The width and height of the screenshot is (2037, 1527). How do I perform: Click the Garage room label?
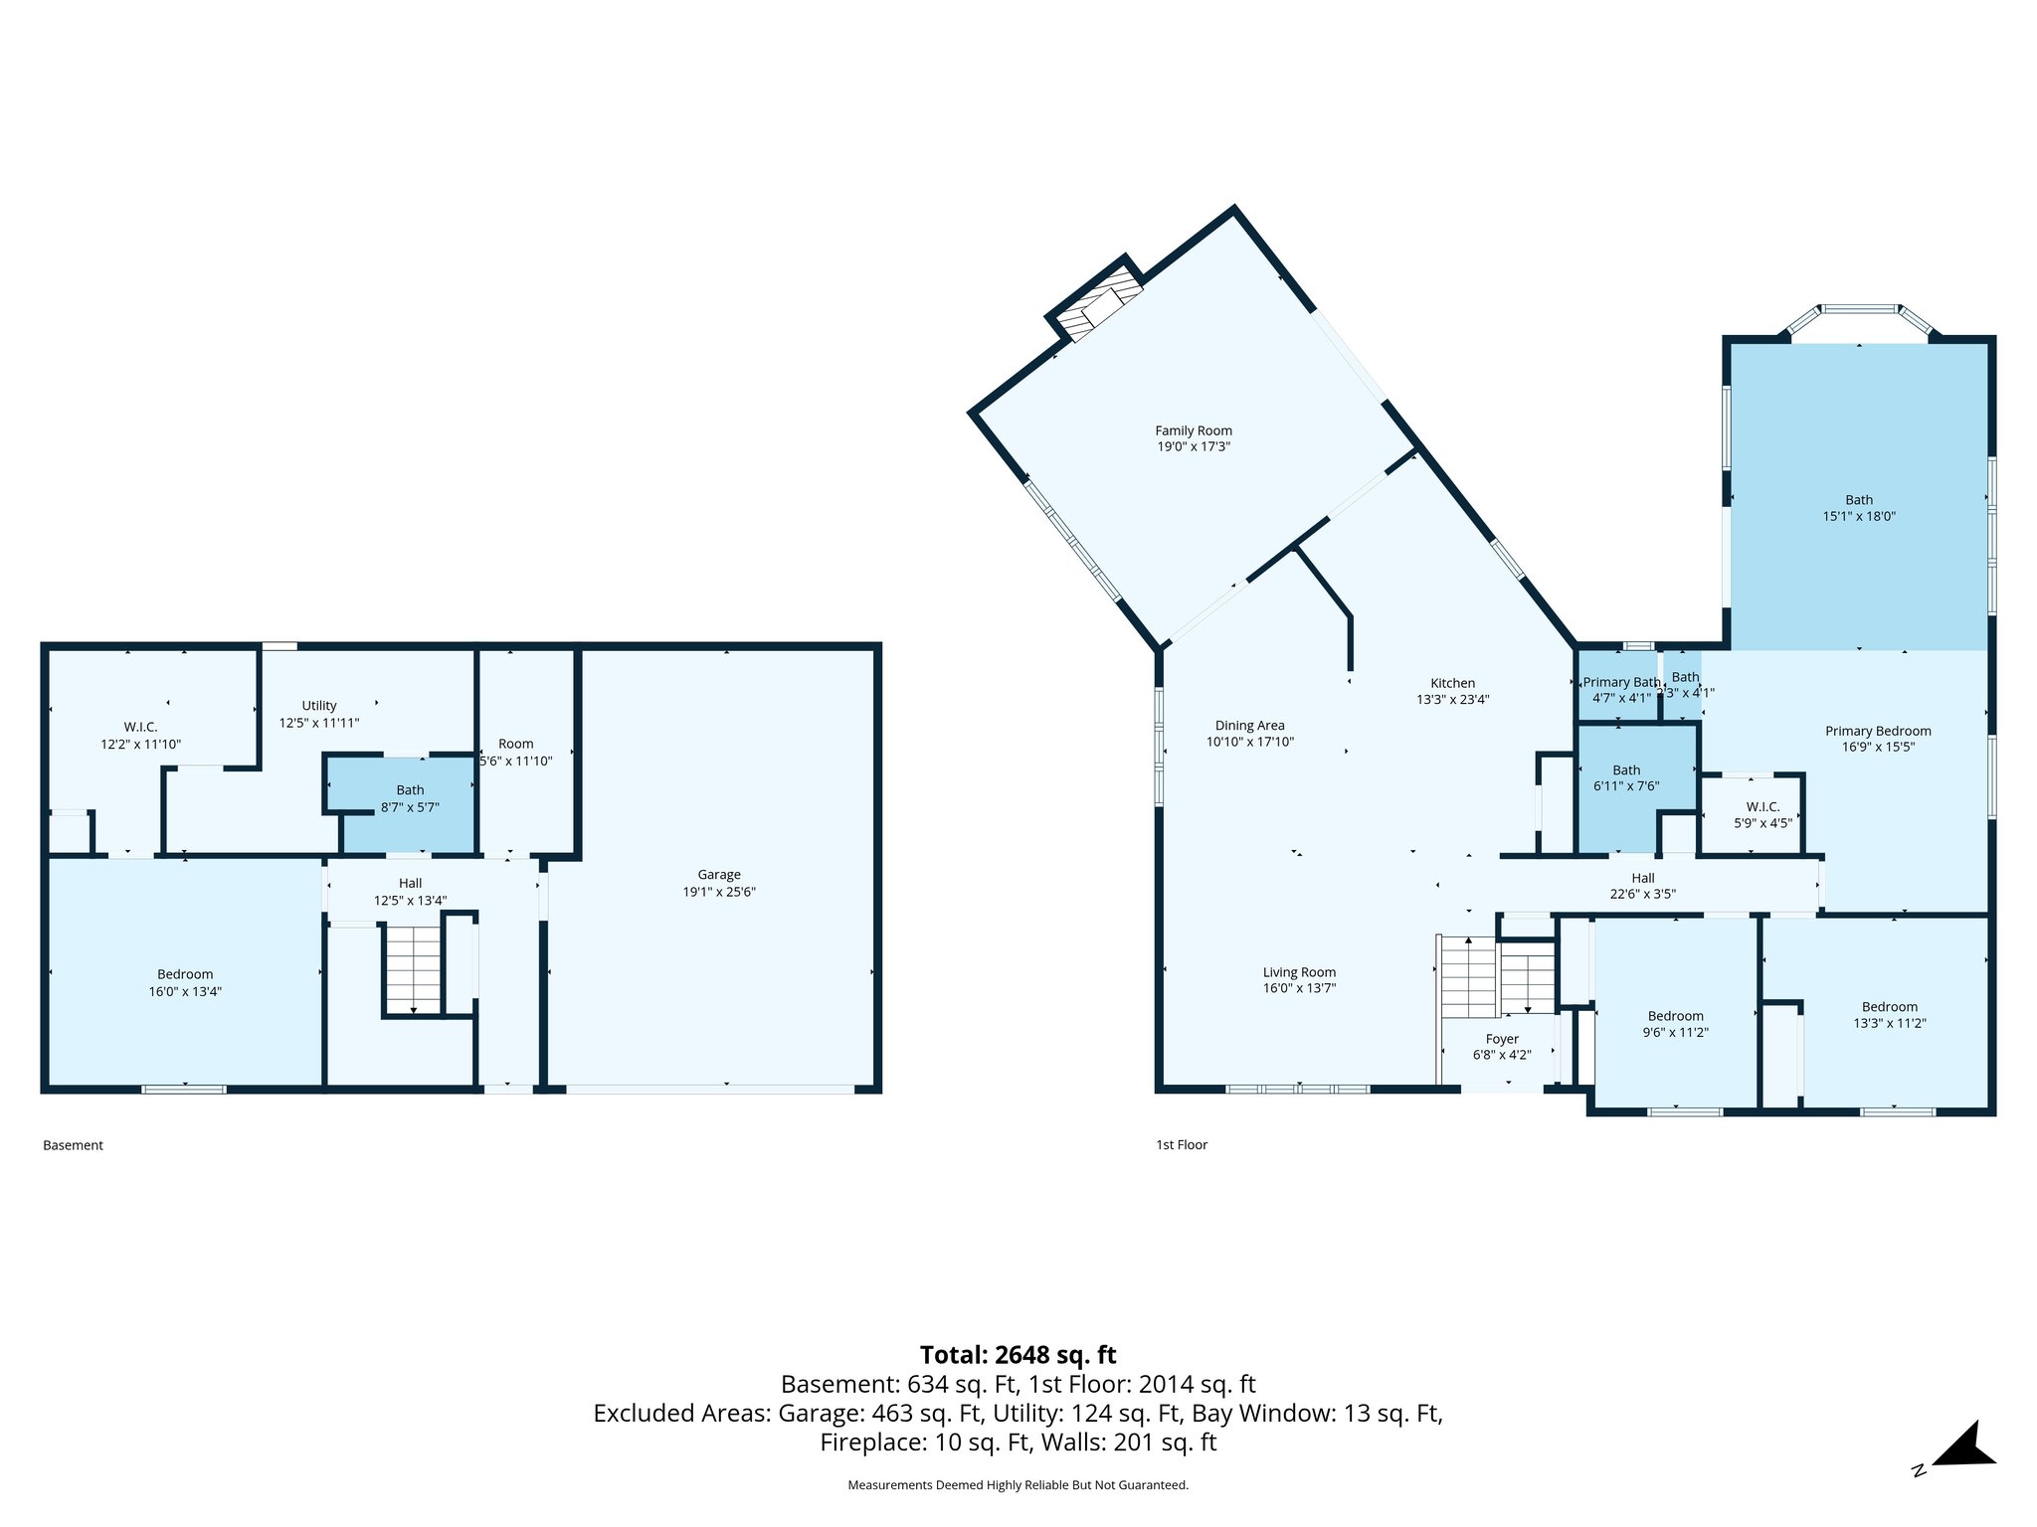pos(718,875)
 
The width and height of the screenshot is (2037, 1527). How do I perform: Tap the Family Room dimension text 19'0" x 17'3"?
pos(1193,447)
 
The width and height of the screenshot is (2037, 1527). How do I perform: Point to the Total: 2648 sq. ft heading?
pos(1018,1355)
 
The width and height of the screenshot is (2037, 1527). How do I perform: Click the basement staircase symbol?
pos(413,968)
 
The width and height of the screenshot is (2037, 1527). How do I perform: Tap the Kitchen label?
pos(1452,683)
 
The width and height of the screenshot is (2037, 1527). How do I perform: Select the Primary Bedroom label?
pos(1877,731)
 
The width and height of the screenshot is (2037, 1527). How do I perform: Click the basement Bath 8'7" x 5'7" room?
pos(410,798)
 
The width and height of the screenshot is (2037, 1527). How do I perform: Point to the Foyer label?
pos(1502,1039)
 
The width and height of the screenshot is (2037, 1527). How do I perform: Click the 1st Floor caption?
pos(1181,1145)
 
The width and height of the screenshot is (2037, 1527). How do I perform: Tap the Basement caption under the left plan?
pos(73,1145)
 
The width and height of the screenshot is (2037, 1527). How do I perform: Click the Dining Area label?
pos(1249,726)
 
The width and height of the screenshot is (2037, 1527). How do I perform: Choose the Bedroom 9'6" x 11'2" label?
pos(1675,1016)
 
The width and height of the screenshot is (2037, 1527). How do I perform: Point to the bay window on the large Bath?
pos(1859,315)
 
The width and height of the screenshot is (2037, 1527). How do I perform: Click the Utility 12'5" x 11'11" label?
pos(319,706)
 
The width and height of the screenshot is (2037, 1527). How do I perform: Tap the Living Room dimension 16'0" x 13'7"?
pos(1299,988)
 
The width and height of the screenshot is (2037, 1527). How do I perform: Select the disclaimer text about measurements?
pos(1018,1485)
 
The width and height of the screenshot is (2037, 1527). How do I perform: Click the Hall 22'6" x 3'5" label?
pos(1642,878)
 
